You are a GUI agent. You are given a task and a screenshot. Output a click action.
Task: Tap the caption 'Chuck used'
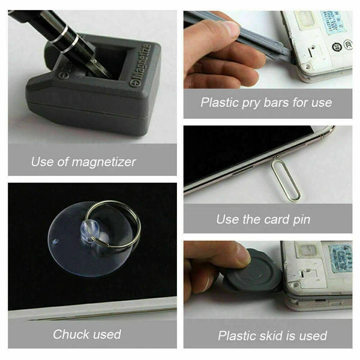(87, 334)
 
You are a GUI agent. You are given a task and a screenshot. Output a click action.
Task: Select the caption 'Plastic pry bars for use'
(266, 102)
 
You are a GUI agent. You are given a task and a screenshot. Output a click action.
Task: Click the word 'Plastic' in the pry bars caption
(220, 102)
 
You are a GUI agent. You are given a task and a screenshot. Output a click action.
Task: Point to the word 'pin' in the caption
(301, 219)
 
